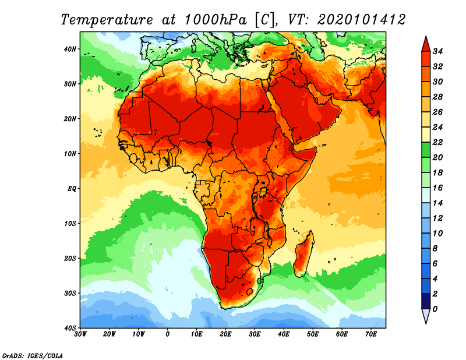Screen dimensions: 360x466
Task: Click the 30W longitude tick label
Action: (x=81, y=334)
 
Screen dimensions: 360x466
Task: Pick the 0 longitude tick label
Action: (x=168, y=334)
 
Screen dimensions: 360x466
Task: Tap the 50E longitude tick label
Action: (x=313, y=334)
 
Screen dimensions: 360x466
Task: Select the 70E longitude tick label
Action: (x=370, y=334)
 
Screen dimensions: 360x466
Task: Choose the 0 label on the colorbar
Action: (x=436, y=309)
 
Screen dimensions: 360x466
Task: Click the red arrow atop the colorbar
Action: (x=425, y=44)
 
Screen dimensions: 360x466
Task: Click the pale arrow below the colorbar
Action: (x=425, y=316)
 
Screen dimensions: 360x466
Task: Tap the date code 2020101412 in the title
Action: (x=361, y=19)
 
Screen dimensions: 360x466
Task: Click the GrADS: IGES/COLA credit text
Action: (x=33, y=355)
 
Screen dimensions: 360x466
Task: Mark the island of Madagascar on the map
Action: (x=303, y=255)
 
